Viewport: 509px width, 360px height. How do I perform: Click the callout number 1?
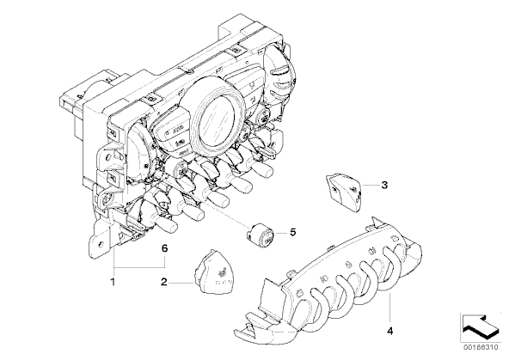113,282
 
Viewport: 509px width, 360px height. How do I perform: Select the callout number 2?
164,282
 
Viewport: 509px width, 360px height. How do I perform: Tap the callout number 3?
384,186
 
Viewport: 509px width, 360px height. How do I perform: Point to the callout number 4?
389,331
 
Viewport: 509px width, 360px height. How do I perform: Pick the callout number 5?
293,232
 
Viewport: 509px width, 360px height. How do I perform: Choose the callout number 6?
164,249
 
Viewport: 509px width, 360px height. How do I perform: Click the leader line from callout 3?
371,185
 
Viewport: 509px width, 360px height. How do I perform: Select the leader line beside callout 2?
181,283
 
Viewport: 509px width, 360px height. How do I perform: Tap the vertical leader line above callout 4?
389,308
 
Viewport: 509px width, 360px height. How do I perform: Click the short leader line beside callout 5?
281,233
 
